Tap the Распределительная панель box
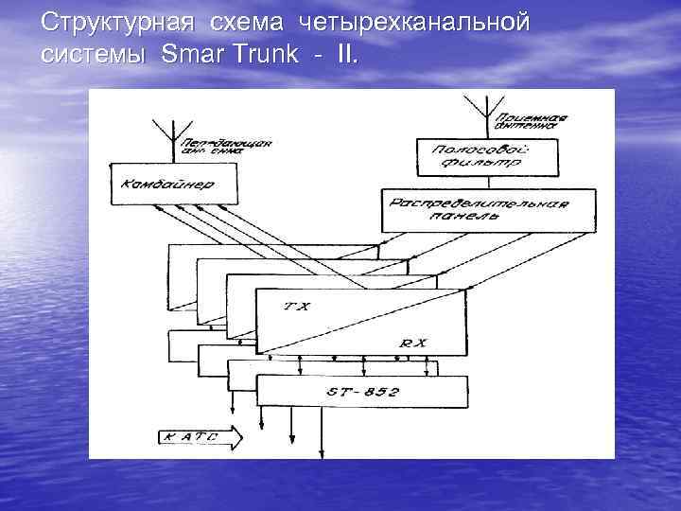(489, 210)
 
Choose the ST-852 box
(362, 390)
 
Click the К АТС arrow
(200, 437)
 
